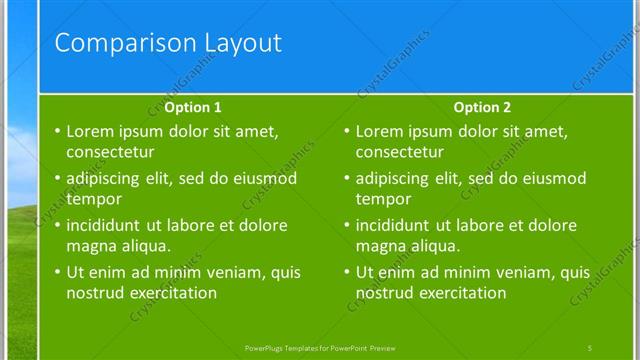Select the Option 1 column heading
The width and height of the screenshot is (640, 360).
point(193,107)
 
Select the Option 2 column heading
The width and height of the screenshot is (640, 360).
point(482,107)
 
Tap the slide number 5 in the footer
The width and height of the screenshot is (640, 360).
point(590,347)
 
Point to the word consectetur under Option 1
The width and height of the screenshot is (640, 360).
point(110,153)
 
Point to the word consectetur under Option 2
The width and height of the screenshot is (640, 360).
point(400,153)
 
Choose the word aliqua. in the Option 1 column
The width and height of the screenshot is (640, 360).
point(147,246)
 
